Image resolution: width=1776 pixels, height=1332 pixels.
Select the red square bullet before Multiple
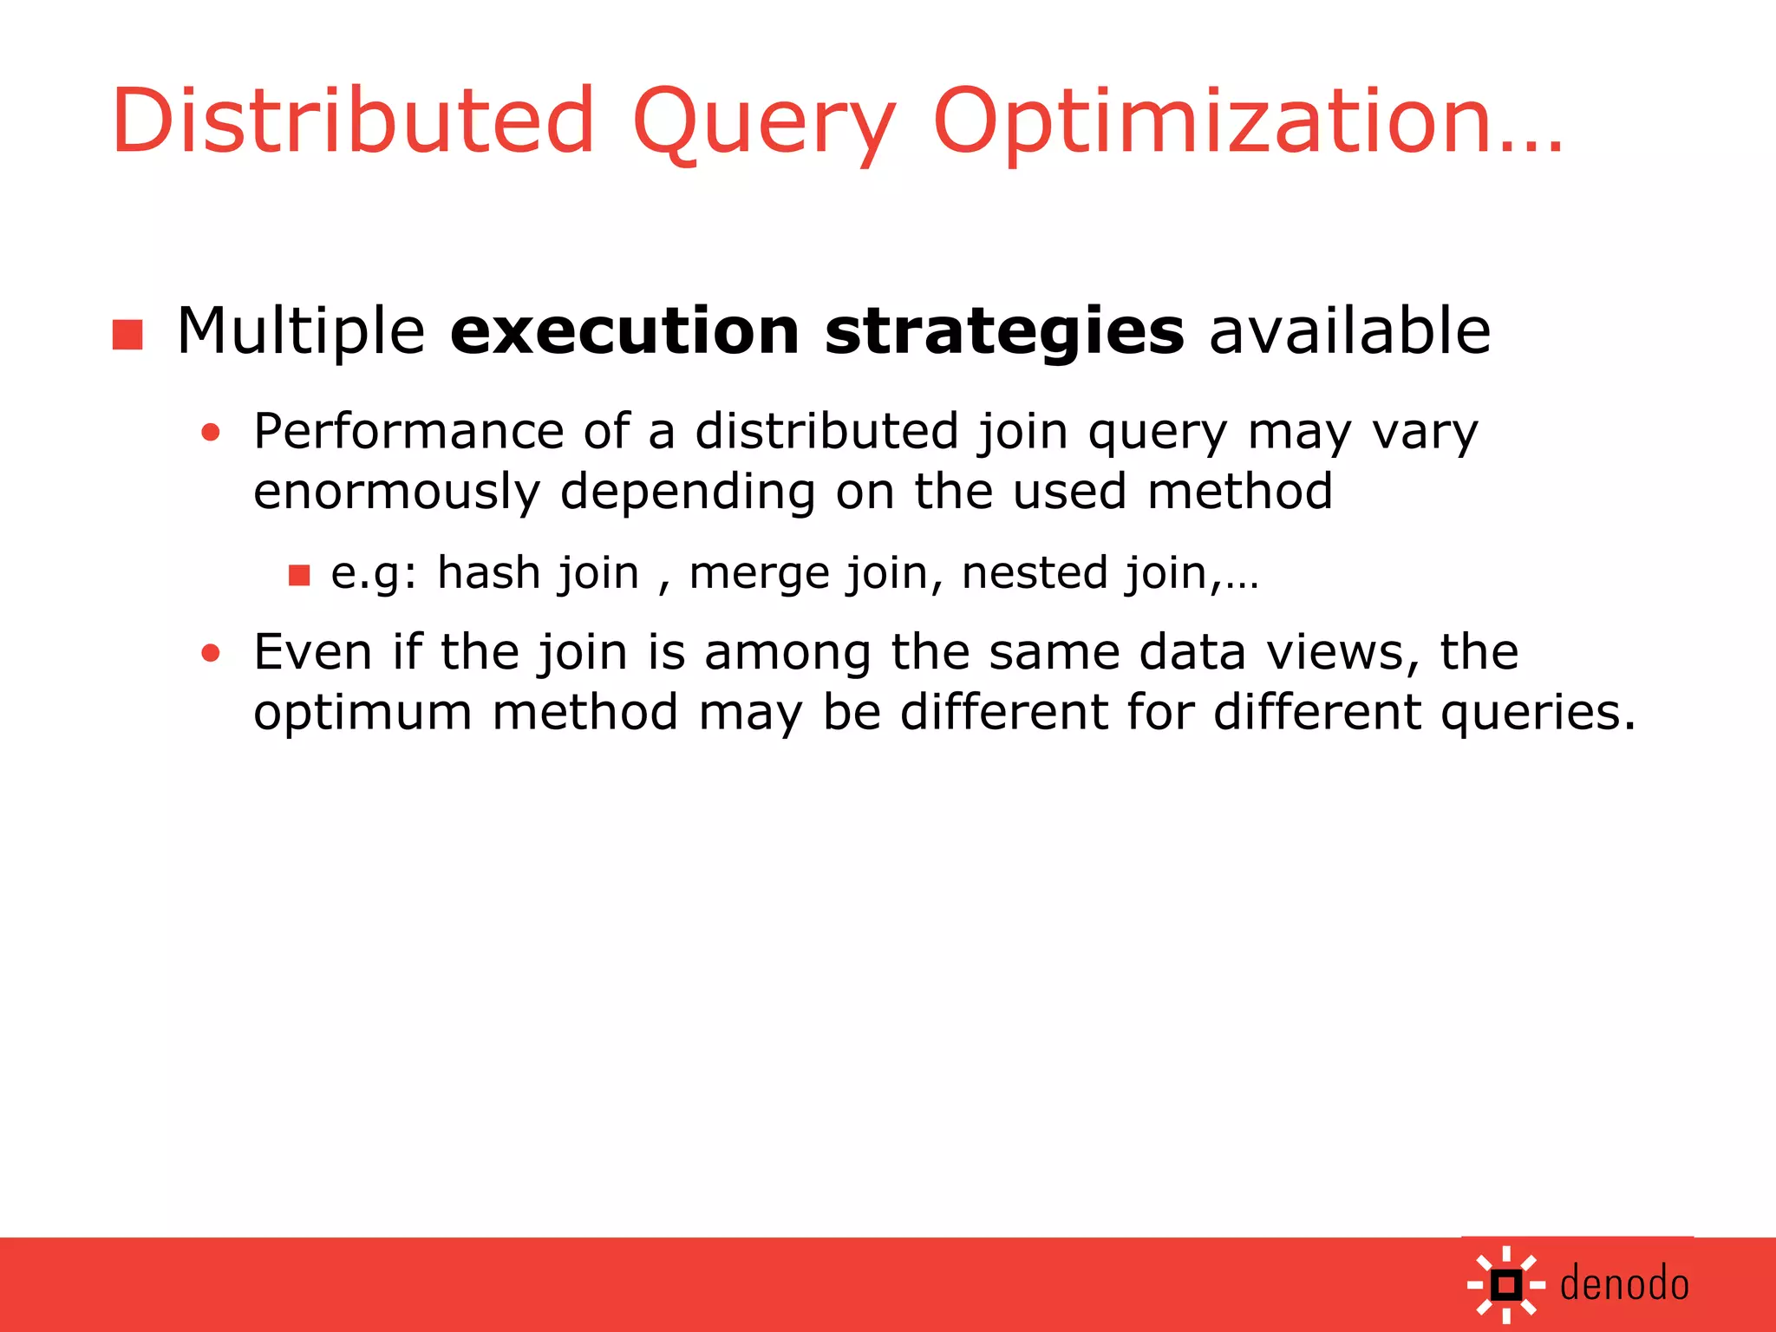click(x=127, y=335)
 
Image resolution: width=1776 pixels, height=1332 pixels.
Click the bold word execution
click(x=624, y=332)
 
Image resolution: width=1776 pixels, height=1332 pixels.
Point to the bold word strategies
click(x=1003, y=332)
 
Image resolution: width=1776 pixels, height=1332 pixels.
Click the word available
click(x=1349, y=332)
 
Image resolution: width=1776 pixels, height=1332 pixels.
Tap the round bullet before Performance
click(x=211, y=432)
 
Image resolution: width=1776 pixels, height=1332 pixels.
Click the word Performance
click(x=408, y=431)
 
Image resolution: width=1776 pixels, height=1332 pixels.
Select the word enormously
click(x=396, y=492)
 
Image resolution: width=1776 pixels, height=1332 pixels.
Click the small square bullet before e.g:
click(x=299, y=575)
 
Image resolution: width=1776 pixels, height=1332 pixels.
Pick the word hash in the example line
click(x=488, y=572)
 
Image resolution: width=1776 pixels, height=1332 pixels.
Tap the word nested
click(x=1035, y=572)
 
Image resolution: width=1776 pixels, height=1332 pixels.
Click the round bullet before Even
click(x=211, y=652)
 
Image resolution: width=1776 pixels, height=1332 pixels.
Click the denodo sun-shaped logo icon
click(x=1506, y=1284)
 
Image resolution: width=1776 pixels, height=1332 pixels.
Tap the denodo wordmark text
click(x=1624, y=1284)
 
